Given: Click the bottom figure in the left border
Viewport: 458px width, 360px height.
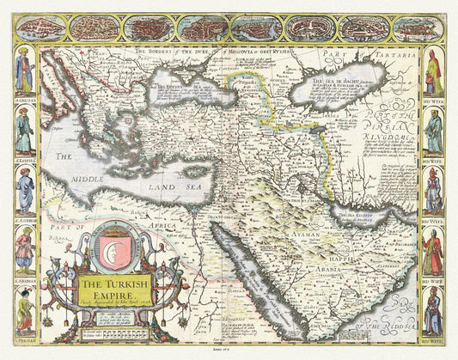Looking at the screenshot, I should tap(25, 310).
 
